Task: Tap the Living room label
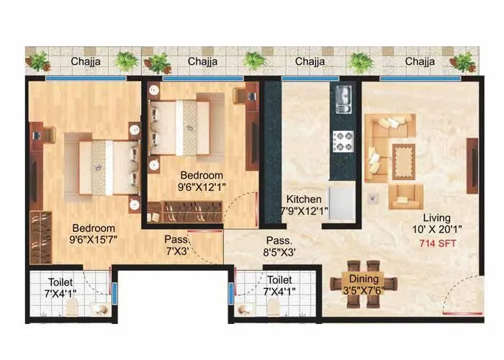tap(437, 217)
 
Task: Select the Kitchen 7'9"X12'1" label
tap(303, 205)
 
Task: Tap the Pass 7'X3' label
tap(176, 246)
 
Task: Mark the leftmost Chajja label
tap(85, 62)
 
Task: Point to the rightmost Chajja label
tap(420, 62)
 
